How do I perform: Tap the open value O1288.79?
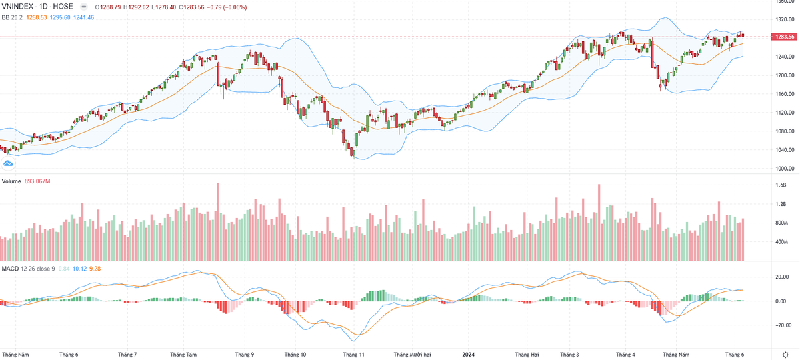111,7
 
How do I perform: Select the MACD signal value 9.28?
95,269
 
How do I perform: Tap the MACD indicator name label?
9,269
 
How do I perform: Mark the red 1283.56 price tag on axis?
783,37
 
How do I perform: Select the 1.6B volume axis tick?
781,186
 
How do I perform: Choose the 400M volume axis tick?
782,242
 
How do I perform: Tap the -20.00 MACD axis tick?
781,325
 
